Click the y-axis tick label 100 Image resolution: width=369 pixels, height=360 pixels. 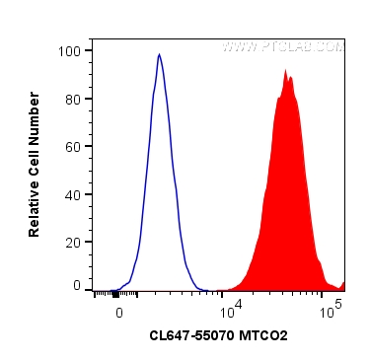coord(71,50)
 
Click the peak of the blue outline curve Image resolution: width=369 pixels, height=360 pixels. coord(159,55)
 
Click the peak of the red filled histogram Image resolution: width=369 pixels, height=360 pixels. coord(285,72)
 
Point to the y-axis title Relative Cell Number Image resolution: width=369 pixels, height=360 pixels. coord(35,164)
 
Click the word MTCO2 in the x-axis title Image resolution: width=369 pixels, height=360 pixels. coord(261,336)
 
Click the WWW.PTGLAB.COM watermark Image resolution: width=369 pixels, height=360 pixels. coord(282,46)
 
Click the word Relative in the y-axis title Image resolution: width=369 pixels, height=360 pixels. coord(35,209)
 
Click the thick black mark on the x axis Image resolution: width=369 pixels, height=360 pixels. coord(116,293)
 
